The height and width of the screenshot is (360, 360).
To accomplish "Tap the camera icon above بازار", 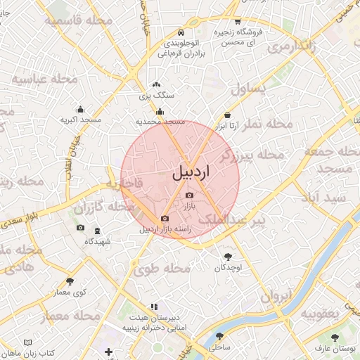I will (x=188, y=195).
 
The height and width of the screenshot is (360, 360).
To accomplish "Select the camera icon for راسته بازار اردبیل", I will (x=165, y=219).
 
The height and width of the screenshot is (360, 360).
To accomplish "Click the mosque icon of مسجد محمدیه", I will (x=160, y=111).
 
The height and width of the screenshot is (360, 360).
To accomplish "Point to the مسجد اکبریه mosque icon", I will (x=80, y=109).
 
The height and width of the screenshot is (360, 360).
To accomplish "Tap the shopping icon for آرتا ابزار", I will (x=227, y=115).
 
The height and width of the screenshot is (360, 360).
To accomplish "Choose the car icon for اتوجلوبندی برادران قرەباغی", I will (x=181, y=33).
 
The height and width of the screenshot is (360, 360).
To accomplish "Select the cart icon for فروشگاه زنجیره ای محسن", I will (x=238, y=22).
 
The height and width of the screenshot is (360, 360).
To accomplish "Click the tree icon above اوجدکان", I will (x=228, y=257).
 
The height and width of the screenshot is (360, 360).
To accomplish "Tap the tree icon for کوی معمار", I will (x=70, y=281).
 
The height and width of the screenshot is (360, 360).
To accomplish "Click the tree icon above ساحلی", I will (x=219, y=337).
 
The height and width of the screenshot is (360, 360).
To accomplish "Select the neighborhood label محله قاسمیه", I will (x=78, y=21).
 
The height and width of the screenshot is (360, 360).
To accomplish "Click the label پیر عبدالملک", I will (x=232, y=220).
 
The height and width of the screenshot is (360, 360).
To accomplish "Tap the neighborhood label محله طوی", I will (x=163, y=268).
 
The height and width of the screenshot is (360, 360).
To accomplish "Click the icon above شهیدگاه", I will (x=97, y=231).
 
